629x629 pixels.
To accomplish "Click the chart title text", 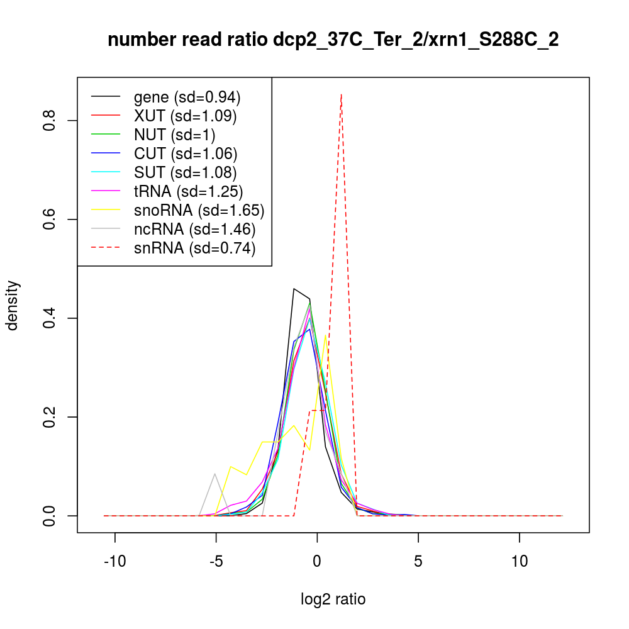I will [x=333, y=40].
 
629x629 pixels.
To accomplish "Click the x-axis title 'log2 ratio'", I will [x=333, y=599].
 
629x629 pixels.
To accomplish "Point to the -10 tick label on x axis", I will [x=115, y=562].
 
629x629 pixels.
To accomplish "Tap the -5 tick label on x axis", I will [x=216, y=562].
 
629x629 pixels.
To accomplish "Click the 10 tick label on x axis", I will [x=519, y=562].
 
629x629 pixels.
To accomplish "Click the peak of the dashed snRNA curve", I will [x=341, y=95].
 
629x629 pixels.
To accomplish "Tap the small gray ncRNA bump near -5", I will [x=215, y=474].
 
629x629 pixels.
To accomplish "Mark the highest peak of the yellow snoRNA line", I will [x=325, y=336].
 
